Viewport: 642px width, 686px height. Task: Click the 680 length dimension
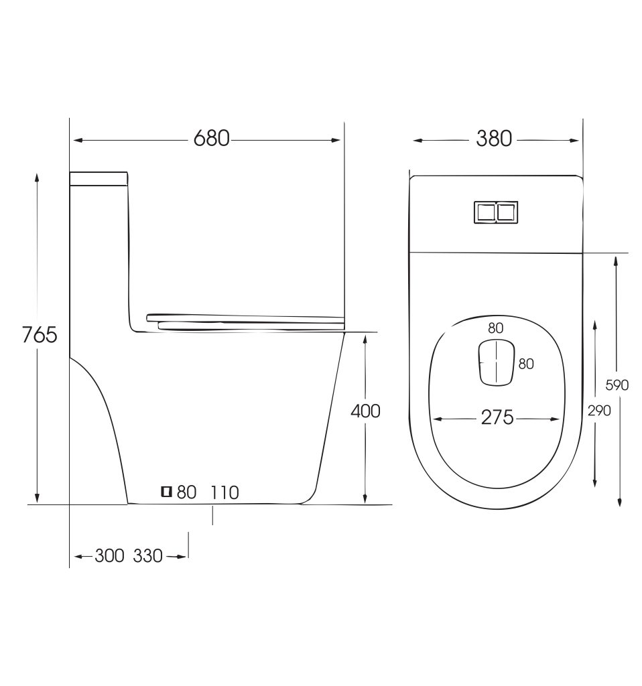point(211,139)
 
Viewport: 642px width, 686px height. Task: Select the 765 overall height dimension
point(40,335)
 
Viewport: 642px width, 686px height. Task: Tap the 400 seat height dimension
point(365,411)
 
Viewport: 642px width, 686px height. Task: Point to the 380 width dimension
point(494,139)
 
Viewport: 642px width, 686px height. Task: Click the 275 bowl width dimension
point(497,417)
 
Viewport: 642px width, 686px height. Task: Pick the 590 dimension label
point(617,385)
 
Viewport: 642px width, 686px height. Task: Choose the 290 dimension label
point(599,411)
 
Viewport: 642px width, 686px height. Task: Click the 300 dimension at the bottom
point(109,555)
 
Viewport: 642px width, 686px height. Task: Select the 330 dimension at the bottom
point(148,555)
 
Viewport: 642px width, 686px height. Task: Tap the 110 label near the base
point(225,492)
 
